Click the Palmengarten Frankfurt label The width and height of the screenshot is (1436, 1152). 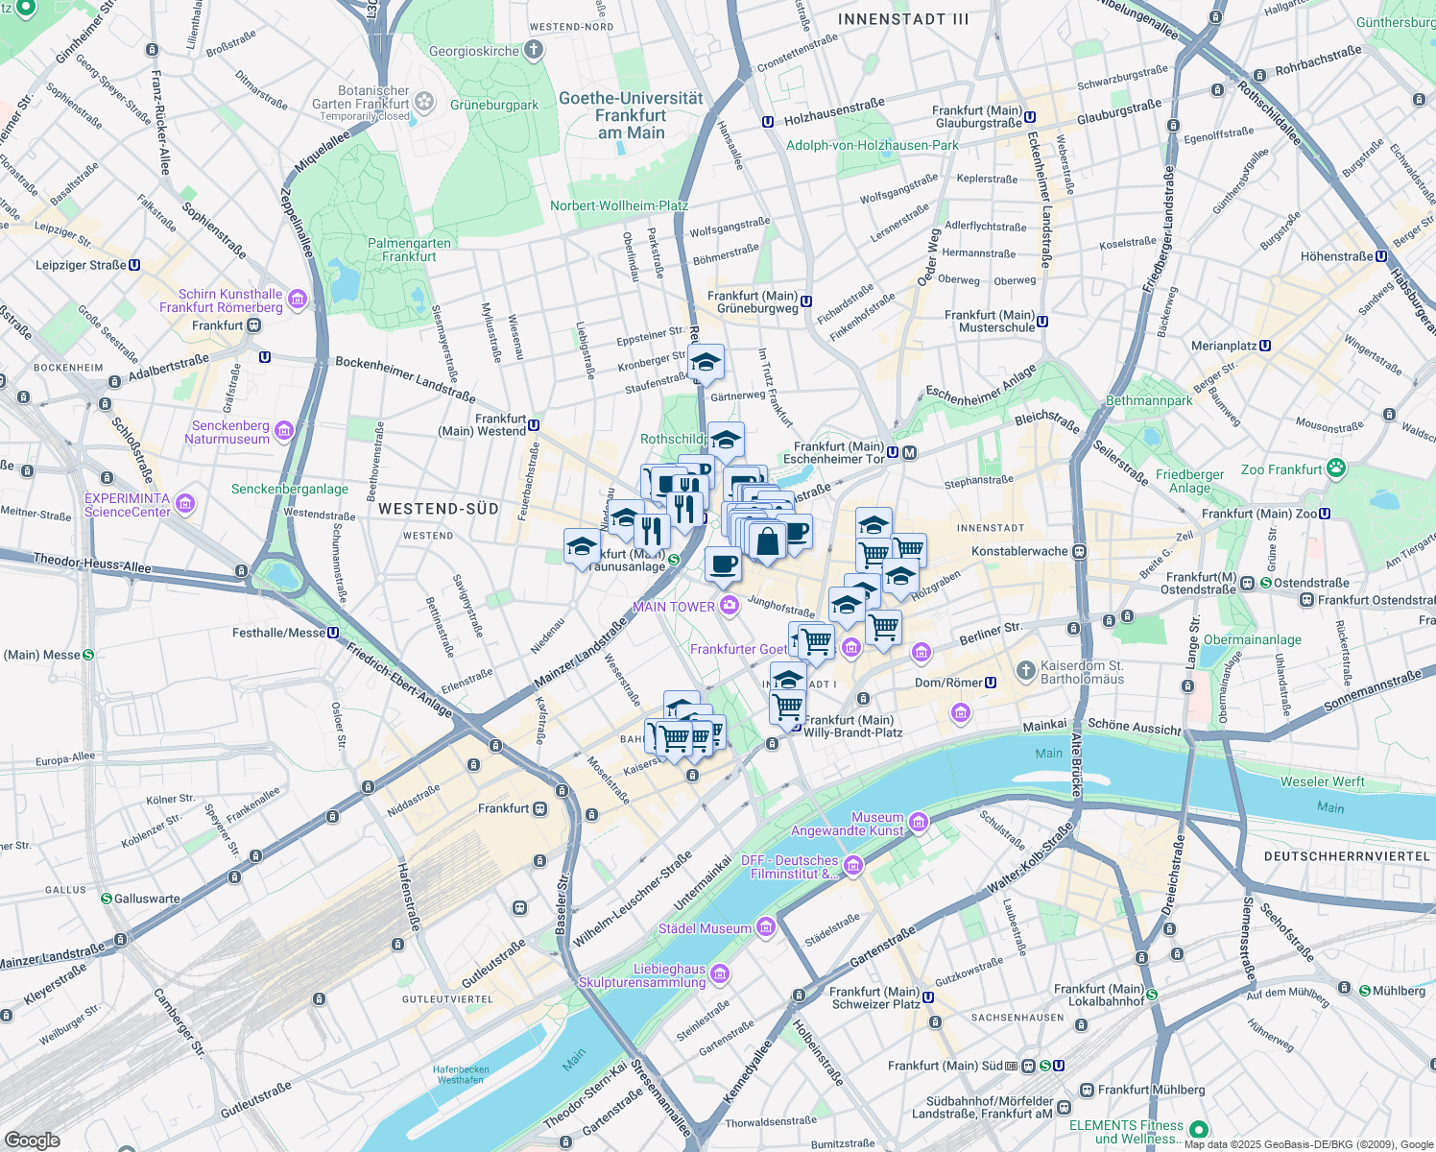pyautogui.click(x=409, y=250)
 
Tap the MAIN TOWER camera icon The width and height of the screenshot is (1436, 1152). pyautogui.click(x=730, y=605)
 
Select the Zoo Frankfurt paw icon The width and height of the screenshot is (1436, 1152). pyautogui.click(x=1336, y=469)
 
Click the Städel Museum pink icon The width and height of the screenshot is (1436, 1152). pyautogui.click(x=765, y=927)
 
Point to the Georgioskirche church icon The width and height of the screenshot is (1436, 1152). pyautogui.click(x=534, y=50)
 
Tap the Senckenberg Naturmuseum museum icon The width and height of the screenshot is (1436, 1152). pyautogui.click(x=283, y=431)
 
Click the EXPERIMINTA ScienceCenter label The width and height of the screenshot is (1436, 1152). pyautogui.click(x=127, y=505)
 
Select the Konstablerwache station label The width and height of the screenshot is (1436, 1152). pyautogui.click(x=1019, y=551)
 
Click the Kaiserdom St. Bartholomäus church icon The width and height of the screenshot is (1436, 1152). pyautogui.click(x=1026, y=669)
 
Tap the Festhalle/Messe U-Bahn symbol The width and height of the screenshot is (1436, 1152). pyautogui.click(x=333, y=633)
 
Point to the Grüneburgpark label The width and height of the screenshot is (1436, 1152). pyautogui.click(x=494, y=105)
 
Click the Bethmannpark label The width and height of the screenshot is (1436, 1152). pyautogui.click(x=1149, y=400)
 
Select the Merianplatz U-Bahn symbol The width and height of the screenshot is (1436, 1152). pyautogui.click(x=1265, y=346)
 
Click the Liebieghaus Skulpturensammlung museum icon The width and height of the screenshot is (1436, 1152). pyautogui.click(x=720, y=975)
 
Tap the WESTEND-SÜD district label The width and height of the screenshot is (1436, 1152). pyautogui.click(x=439, y=509)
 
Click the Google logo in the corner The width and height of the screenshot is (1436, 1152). pyautogui.click(x=32, y=1140)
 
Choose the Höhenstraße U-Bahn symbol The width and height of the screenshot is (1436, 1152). pyautogui.click(x=1381, y=256)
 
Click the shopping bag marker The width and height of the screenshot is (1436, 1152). pyautogui.click(x=767, y=541)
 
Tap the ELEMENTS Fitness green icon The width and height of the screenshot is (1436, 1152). pyautogui.click(x=1198, y=1130)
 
